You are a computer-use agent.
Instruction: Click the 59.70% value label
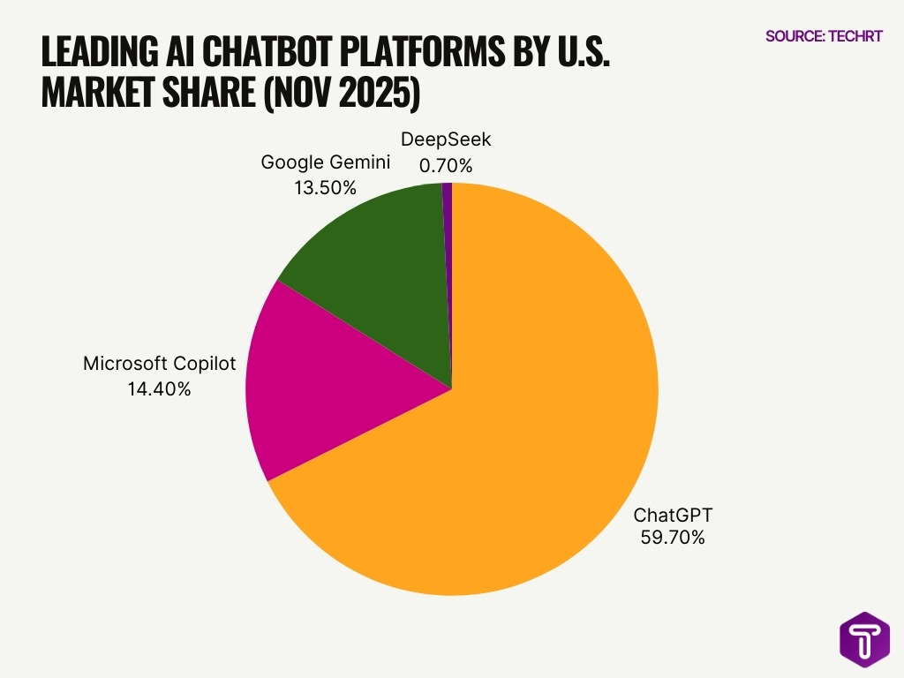pyautogui.click(x=673, y=537)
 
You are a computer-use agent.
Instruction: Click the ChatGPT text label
pyautogui.click(x=673, y=515)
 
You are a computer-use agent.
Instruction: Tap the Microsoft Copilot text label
pyautogui.click(x=159, y=364)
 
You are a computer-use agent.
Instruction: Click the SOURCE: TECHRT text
pyautogui.click(x=823, y=36)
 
